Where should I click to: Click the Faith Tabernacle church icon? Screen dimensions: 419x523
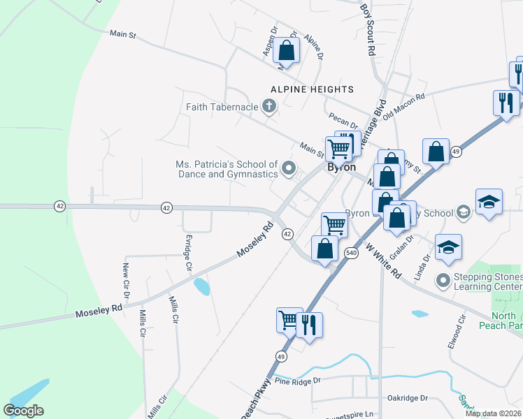(x=268, y=107)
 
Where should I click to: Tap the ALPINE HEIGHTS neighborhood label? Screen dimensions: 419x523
(x=312, y=89)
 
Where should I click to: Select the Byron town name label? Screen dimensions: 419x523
(x=343, y=168)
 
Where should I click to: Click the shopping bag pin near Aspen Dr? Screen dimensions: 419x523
(x=286, y=50)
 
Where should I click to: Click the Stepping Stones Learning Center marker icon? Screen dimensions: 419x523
(x=442, y=281)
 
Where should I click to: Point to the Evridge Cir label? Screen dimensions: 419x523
(x=187, y=253)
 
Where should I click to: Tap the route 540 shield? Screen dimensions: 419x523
(x=351, y=253)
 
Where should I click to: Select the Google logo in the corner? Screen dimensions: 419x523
(x=23, y=410)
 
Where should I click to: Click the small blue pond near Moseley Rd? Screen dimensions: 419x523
(x=201, y=285)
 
